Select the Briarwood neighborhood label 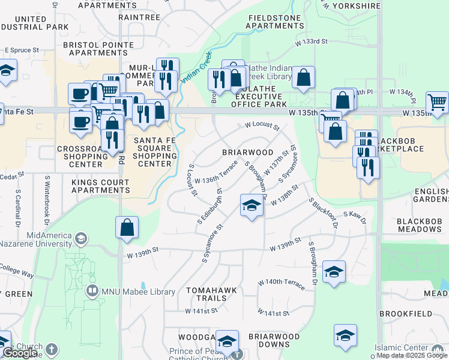(x=248, y=152)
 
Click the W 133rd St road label (x=312, y=42)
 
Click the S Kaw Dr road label (x=355, y=214)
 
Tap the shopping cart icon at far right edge (x=438, y=103)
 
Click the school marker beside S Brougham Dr (x=334, y=272)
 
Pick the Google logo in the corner (x=20, y=353)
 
